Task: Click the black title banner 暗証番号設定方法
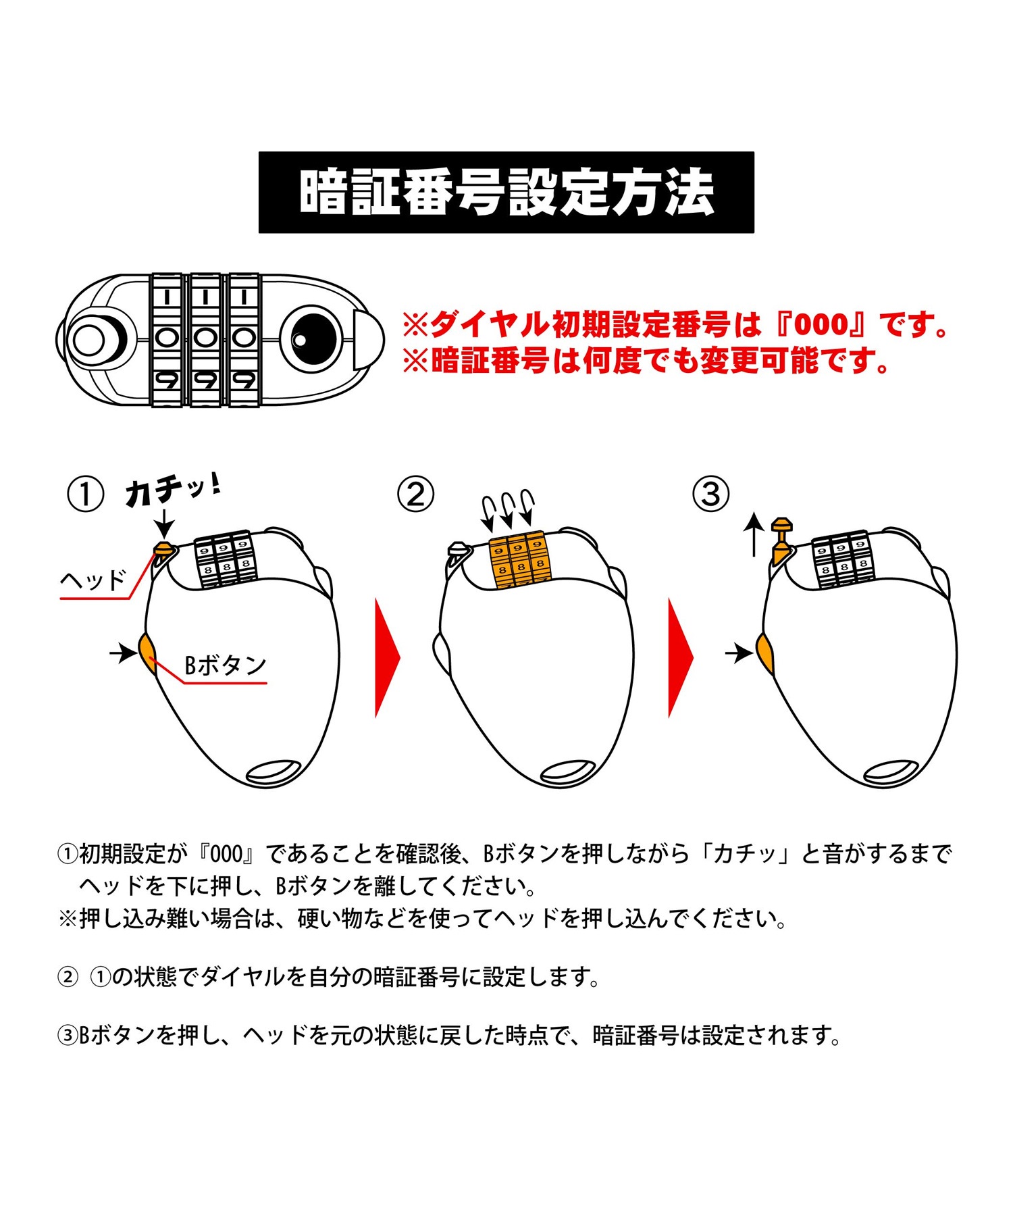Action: pos(506,193)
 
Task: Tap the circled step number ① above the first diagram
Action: pos(86,495)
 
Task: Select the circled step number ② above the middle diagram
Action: pos(415,495)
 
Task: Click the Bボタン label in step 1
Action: pos(226,665)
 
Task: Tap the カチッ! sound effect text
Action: pos(173,490)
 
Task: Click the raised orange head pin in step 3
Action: pos(781,540)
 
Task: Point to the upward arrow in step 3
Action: pos(754,534)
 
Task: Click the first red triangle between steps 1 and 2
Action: pos(387,657)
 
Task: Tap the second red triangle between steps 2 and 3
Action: pos(680,657)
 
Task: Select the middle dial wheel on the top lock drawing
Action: pos(205,340)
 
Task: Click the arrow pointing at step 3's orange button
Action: pos(739,653)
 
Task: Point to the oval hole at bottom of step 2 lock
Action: pos(567,771)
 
